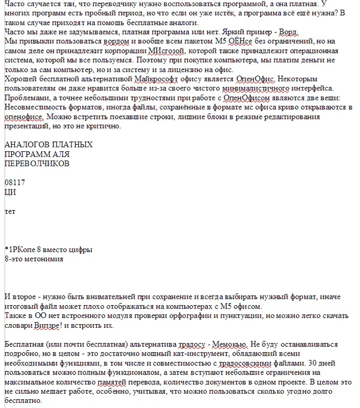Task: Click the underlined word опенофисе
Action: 20,116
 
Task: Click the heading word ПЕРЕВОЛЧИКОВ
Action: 37,163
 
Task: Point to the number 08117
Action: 14,182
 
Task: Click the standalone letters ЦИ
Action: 10,192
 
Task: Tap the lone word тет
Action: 10,211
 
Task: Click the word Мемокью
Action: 231,344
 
